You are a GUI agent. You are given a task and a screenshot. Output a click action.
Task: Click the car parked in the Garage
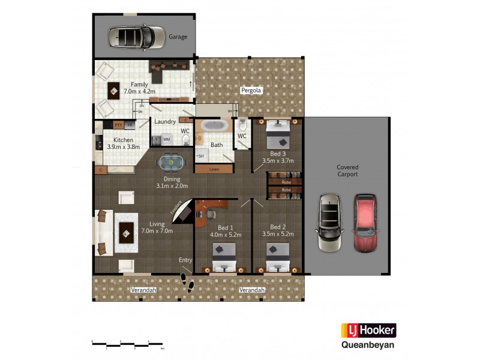(x=137, y=37)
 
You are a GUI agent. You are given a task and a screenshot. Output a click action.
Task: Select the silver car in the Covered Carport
(x=329, y=223)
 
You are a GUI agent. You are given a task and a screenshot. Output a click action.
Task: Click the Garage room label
(x=178, y=37)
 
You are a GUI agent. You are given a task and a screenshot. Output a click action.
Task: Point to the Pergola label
(x=252, y=91)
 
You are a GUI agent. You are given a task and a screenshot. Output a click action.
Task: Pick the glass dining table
(x=172, y=162)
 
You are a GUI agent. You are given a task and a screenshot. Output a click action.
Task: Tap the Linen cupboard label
(x=214, y=169)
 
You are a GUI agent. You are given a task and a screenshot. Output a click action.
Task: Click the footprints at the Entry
(x=187, y=283)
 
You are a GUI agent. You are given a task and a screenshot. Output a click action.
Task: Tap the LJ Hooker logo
(x=368, y=331)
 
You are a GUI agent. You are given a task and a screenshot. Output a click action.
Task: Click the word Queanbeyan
(x=368, y=345)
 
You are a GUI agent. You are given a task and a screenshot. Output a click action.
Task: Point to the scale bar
(x=127, y=344)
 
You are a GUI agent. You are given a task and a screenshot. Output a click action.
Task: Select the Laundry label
(x=165, y=122)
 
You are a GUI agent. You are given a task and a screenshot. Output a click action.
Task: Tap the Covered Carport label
(x=347, y=171)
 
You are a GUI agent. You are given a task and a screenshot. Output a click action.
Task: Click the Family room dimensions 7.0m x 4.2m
(x=139, y=92)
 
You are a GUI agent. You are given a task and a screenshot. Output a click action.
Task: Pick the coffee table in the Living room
(x=127, y=232)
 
